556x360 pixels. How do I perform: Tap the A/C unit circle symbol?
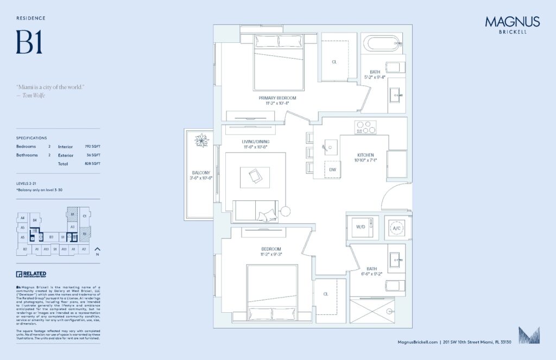397,229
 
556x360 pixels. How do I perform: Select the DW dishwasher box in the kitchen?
332,169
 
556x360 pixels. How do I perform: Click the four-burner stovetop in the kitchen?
365,128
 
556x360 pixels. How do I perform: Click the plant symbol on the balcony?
202,140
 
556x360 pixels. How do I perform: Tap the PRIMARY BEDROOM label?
277,98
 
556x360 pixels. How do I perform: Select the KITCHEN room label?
366,155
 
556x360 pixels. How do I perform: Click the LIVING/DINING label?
256,142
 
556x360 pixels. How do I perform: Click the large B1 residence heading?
29,42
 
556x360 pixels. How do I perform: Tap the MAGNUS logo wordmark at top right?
512,22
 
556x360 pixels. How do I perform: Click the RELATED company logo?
31,274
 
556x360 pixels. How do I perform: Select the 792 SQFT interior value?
92,147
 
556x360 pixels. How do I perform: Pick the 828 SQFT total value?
92,163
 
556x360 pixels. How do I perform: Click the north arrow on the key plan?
98,249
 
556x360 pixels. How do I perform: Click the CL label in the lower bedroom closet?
326,294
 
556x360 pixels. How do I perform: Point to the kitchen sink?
330,146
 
